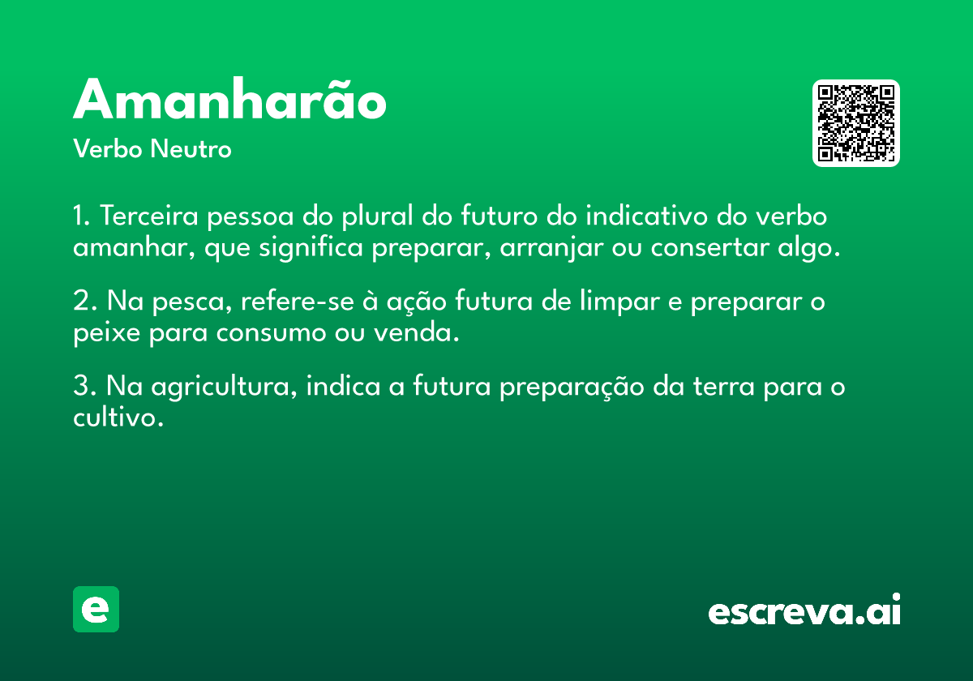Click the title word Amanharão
pos(229,98)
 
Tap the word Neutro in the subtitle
pos(191,149)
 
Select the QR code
pos(855,123)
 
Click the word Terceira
pos(149,216)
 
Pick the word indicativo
pos(647,216)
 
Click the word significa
pos(311,247)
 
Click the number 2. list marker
pos(84,301)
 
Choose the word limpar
pos(619,301)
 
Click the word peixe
pos(107,333)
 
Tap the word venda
pos(417,332)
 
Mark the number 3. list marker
pos(84,386)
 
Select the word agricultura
pos(224,387)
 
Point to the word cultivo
pos(118,417)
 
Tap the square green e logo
pos(96,609)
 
